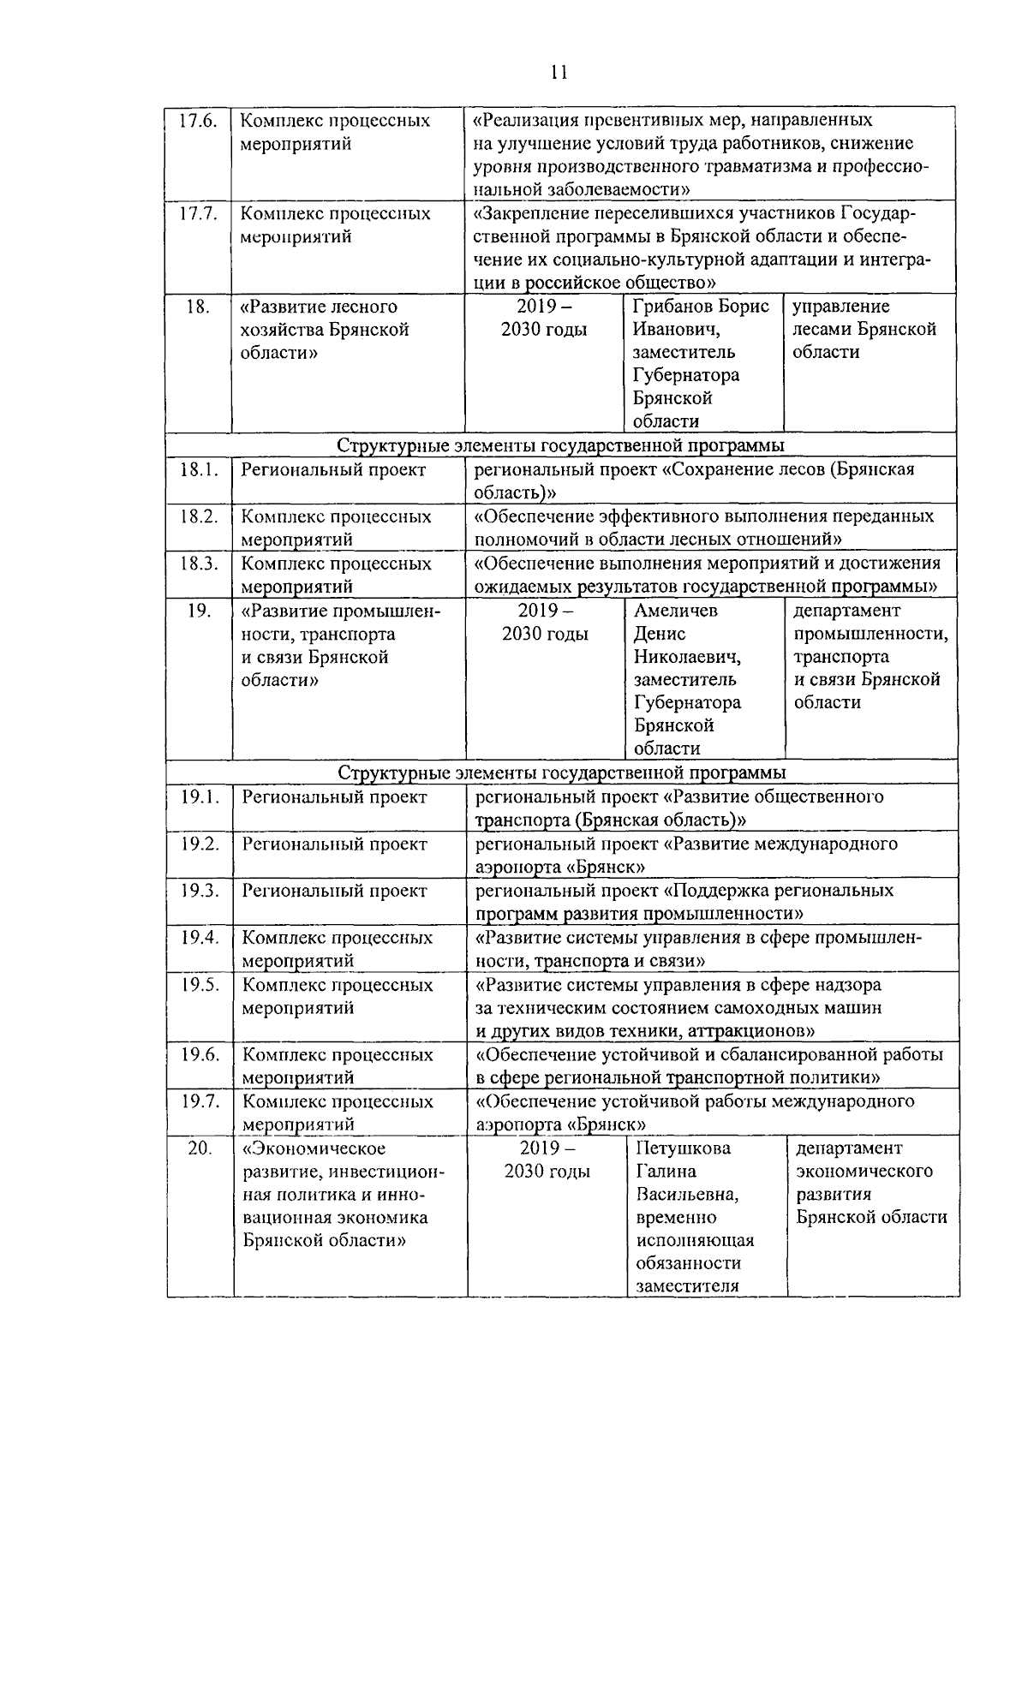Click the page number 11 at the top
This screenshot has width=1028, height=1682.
point(559,72)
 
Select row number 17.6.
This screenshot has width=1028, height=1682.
point(198,121)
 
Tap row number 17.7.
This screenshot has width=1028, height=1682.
point(198,213)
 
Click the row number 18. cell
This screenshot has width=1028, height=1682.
point(198,307)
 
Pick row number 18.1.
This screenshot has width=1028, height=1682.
point(199,470)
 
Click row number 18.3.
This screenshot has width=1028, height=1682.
point(199,564)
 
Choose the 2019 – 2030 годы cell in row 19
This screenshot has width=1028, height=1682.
point(545,623)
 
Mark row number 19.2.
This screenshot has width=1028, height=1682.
point(200,844)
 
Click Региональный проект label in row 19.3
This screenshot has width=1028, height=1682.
point(334,891)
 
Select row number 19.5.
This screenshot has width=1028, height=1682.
point(200,985)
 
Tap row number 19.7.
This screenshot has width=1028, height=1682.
point(200,1101)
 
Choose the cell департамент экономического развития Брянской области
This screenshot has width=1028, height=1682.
point(871,1183)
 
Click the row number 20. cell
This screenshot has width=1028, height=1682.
point(200,1148)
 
